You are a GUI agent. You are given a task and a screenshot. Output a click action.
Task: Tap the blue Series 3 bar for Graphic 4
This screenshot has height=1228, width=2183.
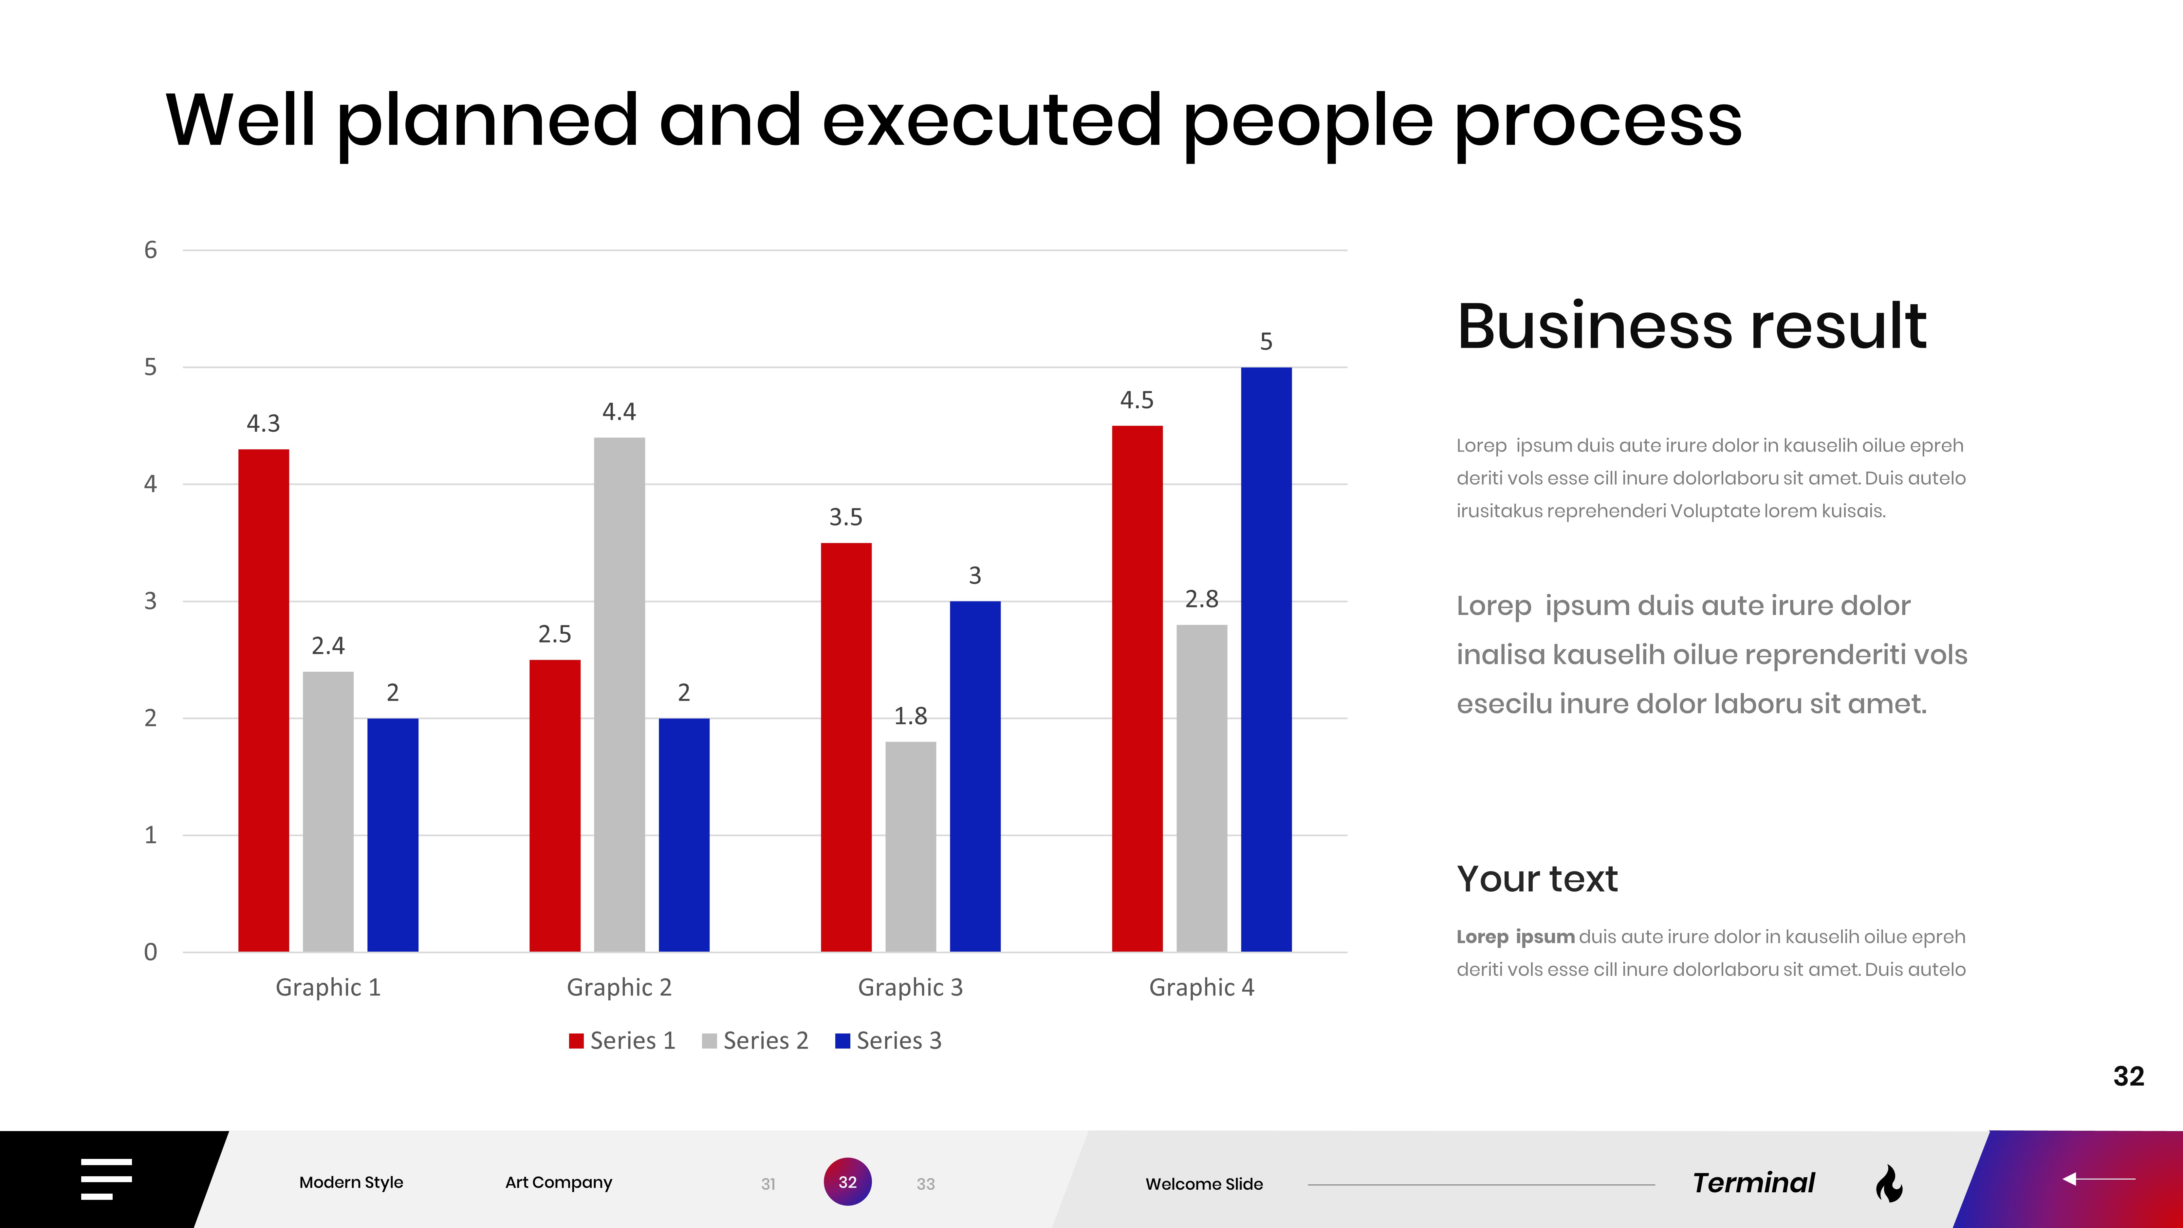coord(1266,659)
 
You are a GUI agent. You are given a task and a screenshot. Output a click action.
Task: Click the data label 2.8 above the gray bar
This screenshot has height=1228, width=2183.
coord(1202,599)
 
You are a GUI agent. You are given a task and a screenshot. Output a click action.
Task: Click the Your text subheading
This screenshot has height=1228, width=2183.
coord(1537,879)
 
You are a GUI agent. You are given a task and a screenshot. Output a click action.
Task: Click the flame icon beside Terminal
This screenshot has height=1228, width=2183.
coord(1889,1183)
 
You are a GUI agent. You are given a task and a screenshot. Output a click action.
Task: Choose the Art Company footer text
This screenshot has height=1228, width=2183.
coord(559,1182)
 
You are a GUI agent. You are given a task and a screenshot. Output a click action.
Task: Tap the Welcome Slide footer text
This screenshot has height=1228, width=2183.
coord(1203,1184)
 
